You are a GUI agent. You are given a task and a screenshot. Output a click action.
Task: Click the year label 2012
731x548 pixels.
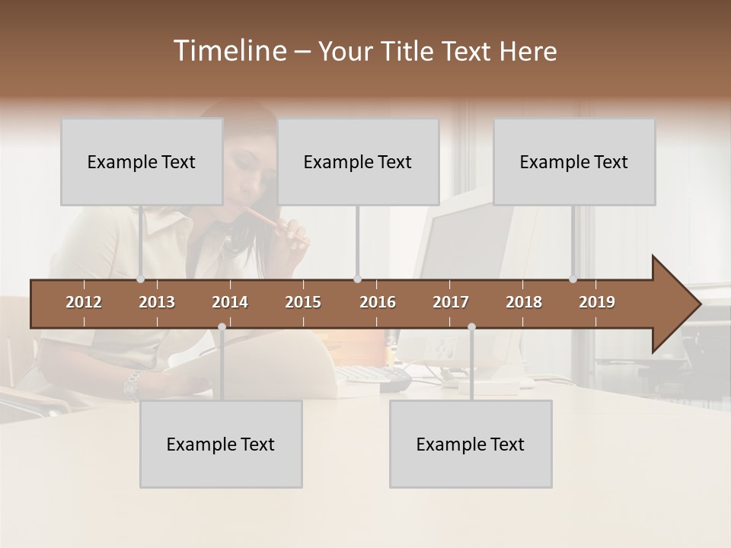coord(84,302)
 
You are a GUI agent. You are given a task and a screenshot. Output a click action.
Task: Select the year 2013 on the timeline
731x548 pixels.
coord(157,302)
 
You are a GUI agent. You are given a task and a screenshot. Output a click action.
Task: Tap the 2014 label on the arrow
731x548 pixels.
coord(230,302)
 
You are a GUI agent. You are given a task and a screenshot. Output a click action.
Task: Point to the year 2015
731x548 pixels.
coord(303,302)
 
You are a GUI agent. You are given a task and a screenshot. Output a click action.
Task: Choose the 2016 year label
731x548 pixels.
coord(378,302)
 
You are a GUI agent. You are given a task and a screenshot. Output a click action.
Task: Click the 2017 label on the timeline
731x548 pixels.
coord(451,302)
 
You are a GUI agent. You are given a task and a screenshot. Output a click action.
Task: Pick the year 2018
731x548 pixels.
coord(524,302)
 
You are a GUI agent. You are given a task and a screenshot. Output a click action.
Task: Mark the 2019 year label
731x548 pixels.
coord(597,302)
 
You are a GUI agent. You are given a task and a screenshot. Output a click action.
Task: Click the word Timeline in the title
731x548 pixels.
coord(228,51)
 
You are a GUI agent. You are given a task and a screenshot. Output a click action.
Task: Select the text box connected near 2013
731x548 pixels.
coord(142,161)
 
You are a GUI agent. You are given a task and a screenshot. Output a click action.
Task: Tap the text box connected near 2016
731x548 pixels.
coord(358,161)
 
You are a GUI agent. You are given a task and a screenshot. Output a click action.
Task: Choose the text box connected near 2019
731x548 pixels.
coord(574,161)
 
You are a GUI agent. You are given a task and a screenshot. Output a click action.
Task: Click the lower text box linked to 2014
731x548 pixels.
coord(221,444)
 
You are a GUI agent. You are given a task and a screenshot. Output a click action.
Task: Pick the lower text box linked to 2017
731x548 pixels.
coord(471,444)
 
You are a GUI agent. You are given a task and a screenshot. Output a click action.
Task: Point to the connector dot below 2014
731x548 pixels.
coord(222,327)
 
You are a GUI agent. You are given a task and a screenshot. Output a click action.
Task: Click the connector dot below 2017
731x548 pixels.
coord(471,327)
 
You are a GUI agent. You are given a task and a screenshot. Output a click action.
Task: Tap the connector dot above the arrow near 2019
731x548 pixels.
coord(573,279)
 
